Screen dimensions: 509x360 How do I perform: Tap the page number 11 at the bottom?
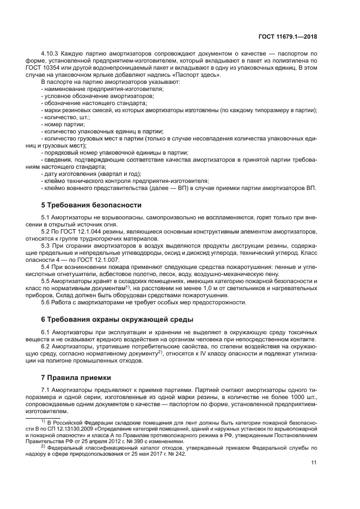(x=314, y=463)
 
